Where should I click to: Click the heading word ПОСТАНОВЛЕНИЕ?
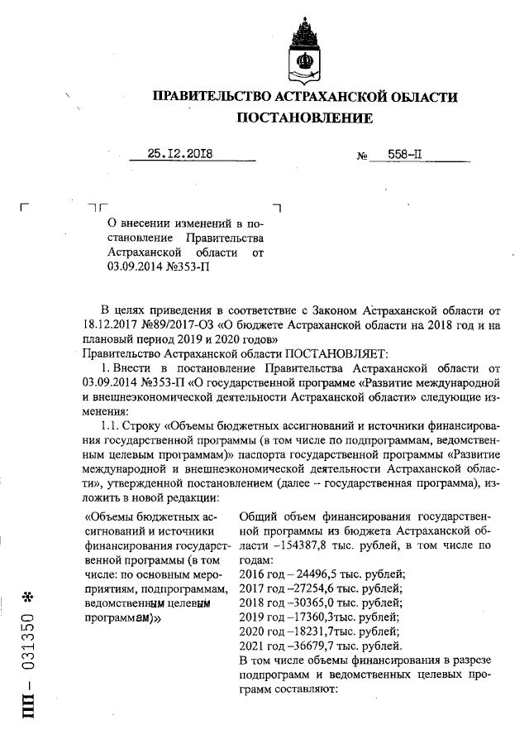(305, 119)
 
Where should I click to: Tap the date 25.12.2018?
(179, 153)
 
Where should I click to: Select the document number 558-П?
(393, 154)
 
